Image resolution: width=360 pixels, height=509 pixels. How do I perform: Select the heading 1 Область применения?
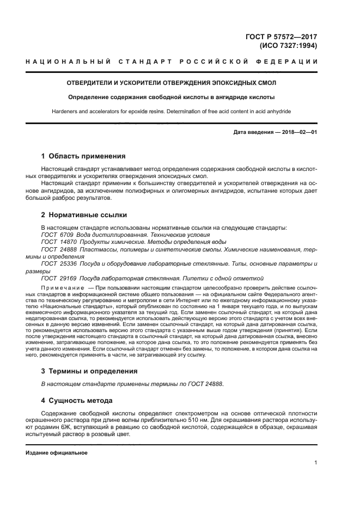(83, 156)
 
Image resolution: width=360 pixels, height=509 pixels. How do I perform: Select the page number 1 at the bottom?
(315, 463)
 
